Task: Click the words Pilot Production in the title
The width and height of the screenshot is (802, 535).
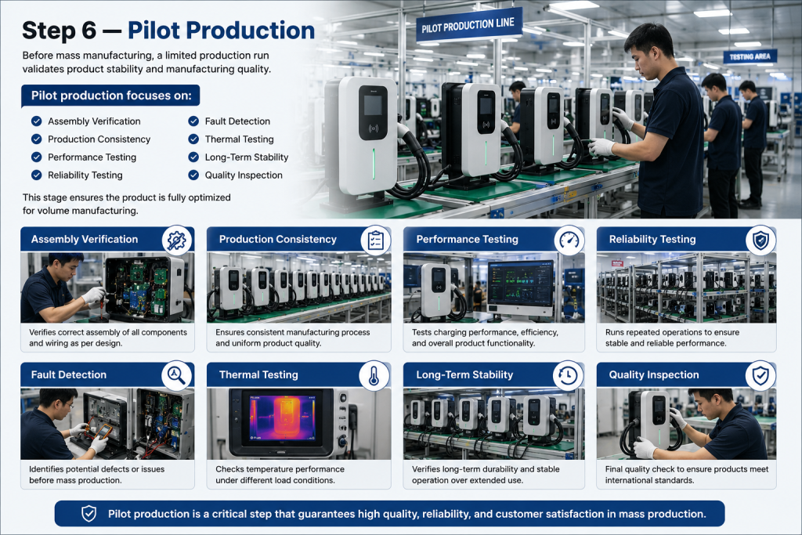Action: click(221, 31)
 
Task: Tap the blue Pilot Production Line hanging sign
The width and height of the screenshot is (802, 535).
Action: click(469, 24)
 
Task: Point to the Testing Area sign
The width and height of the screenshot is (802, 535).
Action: click(750, 56)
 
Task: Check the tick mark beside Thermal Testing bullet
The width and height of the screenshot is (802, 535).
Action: click(193, 139)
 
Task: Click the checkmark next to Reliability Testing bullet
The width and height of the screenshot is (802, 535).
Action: click(36, 175)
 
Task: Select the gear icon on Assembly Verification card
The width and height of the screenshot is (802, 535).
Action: click(177, 240)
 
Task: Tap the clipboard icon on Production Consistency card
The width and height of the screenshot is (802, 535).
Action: click(375, 240)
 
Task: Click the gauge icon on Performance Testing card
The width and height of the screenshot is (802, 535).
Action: click(569, 240)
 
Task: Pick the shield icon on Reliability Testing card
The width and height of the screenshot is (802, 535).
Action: click(760, 240)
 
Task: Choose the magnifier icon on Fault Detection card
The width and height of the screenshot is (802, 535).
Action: click(176, 375)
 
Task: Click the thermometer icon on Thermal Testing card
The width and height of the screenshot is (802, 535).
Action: click(374, 375)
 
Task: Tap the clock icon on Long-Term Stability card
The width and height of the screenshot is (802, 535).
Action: click(568, 375)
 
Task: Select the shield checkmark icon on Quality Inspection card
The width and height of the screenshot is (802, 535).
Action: click(760, 375)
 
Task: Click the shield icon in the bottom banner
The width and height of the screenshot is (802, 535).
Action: click(89, 514)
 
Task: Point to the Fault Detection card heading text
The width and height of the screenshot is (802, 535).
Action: click(69, 375)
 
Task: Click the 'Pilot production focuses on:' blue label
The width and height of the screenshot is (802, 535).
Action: click(110, 96)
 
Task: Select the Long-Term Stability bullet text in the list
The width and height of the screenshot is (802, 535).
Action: click(247, 157)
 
